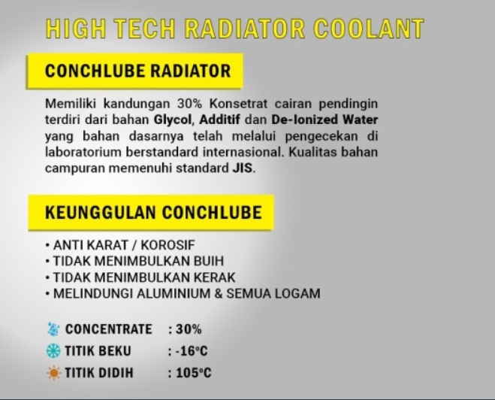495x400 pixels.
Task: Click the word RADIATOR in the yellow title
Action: (245, 29)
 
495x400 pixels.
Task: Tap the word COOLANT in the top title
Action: (369, 29)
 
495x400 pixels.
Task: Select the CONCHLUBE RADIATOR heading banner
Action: (134, 71)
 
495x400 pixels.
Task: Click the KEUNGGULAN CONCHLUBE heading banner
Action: (151, 212)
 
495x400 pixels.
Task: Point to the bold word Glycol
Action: (173, 120)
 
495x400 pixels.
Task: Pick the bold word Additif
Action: (220, 120)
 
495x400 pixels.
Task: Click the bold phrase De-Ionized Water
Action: (324, 120)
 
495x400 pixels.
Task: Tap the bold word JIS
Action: (243, 168)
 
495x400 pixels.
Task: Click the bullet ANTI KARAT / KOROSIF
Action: (120, 245)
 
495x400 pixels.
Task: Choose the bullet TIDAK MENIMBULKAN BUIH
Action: (134, 261)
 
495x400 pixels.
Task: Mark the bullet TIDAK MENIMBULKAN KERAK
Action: (140, 277)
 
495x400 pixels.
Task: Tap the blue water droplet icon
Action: (53, 329)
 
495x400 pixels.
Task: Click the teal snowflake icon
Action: (53, 351)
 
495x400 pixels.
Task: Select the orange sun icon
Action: (53, 373)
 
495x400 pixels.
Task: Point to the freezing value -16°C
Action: (192, 351)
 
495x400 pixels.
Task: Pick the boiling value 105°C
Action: (194, 373)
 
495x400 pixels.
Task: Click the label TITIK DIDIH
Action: (99, 373)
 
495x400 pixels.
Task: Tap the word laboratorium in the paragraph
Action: (83, 152)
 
